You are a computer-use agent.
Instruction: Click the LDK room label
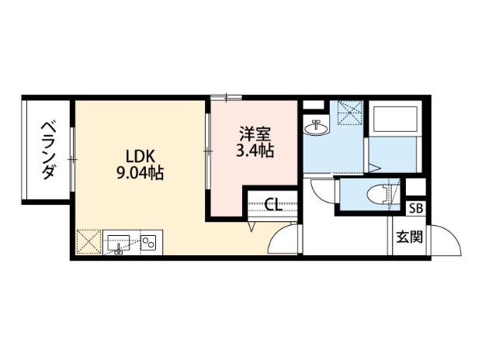pyautogui.click(x=140, y=157)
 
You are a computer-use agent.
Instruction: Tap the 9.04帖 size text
pyautogui.click(x=140, y=173)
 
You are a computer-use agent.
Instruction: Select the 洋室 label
pyautogui.click(x=255, y=133)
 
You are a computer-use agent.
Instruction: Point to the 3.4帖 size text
pyautogui.click(x=255, y=151)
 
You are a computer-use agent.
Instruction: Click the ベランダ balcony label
pyautogui.click(x=48, y=151)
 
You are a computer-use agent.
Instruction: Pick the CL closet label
pyautogui.click(x=273, y=205)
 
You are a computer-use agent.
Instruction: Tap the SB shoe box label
pyautogui.click(x=416, y=209)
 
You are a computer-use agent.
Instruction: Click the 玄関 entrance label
pyautogui.click(x=409, y=237)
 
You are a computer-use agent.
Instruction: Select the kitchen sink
pyautogui.click(x=119, y=243)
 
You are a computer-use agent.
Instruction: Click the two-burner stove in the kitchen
pyautogui.click(x=149, y=242)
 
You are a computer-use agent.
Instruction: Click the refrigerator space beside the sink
pyautogui.click(x=88, y=242)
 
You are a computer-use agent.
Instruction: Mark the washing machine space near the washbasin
pyautogui.click(x=350, y=112)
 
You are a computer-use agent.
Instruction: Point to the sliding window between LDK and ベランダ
pyautogui.click(x=72, y=159)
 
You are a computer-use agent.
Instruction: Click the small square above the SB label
pyautogui.click(x=415, y=187)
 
